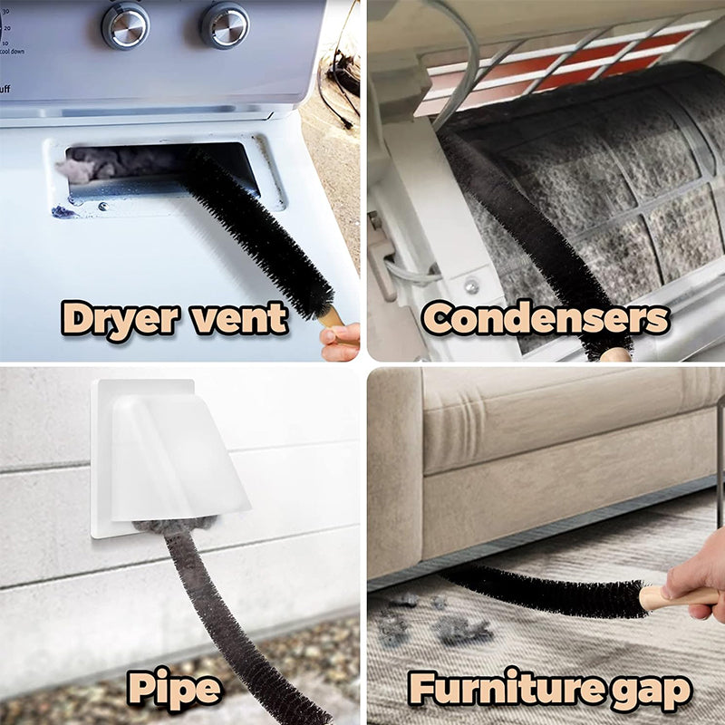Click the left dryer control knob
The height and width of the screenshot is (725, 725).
point(125,24)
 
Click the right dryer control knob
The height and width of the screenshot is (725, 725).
point(224,24)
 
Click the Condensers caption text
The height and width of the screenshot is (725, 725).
point(546,318)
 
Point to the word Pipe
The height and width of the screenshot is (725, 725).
point(174,689)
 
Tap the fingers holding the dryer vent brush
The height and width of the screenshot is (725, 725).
point(341,341)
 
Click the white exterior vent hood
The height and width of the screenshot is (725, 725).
point(172,453)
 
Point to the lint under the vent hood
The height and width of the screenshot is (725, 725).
point(172,526)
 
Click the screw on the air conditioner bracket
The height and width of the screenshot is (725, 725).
point(471,285)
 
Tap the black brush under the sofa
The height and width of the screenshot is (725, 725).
point(544,589)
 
